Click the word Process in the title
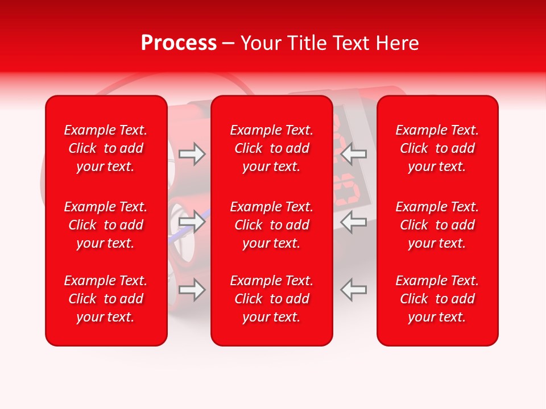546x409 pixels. pyautogui.click(x=179, y=43)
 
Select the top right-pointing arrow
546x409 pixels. pyautogui.click(x=192, y=154)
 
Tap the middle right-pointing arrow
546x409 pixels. pyautogui.click(x=192, y=222)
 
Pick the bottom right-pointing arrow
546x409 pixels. pyautogui.click(x=192, y=290)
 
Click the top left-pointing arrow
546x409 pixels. pyautogui.click(x=353, y=154)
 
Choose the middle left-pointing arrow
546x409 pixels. pyautogui.click(x=353, y=222)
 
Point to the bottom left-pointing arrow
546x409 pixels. pyautogui.click(x=353, y=290)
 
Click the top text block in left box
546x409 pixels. pyautogui.click(x=106, y=148)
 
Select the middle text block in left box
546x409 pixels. pyautogui.click(x=106, y=225)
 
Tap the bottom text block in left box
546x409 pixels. pyautogui.click(x=106, y=299)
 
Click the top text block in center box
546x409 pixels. pyautogui.click(x=272, y=148)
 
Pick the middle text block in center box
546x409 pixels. pyautogui.click(x=272, y=225)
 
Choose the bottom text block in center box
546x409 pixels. pyautogui.click(x=272, y=299)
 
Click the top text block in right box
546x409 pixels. pyautogui.click(x=437, y=148)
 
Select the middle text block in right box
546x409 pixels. pyautogui.click(x=437, y=225)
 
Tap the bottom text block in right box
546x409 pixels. pyautogui.click(x=437, y=299)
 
